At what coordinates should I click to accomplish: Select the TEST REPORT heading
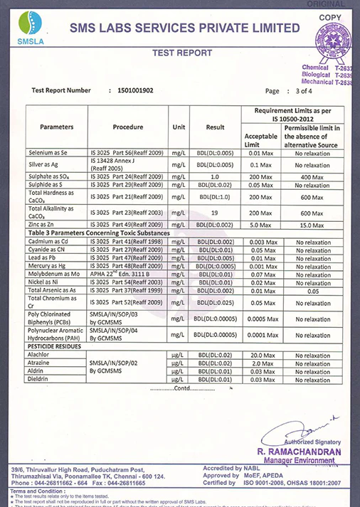(182, 53)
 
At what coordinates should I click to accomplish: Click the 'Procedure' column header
(128, 127)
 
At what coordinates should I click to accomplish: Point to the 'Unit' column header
(179, 127)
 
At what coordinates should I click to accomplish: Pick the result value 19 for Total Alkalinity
(215, 213)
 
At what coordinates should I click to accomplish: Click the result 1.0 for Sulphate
(215, 176)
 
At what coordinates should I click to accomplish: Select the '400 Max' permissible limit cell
(313, 176)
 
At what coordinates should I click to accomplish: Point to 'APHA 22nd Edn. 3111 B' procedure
(127, 273)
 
